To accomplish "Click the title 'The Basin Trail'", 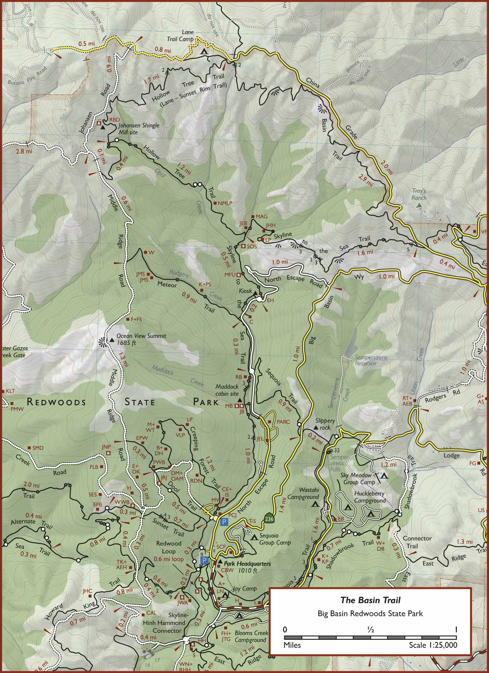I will pyautogui.click(x=370, y=600).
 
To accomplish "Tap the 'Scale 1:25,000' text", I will pyautogui.click(x=433, y=645).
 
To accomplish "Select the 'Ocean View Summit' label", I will pyautogui.click(x=141, y=339).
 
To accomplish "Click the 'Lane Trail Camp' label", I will pyautogui.click(x=183, y=36).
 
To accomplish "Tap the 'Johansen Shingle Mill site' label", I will pyautogui.click(x=138, y=128).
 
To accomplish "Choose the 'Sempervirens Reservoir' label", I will pyautogui.click(x=371, y=360).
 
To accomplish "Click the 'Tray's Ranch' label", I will pyautogui.click(x=419, y=194).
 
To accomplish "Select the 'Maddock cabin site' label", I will pyautogui.click(x=227, y=390).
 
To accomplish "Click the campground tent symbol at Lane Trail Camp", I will pyautogui.click(x=204, y=52).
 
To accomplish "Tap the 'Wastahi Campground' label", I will pyautogui.click(x=303, y=493).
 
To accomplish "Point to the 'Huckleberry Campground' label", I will pyautogui.click(x=370, y=497).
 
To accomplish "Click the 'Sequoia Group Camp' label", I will pyautogui.click(x=275, y=539).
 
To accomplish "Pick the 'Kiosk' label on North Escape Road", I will pyautogui.click(x=245, y=291).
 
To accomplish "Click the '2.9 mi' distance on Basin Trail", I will pyautogui.click(x=365, y=180).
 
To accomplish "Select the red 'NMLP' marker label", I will pyautogui.click(x=225, y=203).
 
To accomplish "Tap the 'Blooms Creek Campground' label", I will pyautogui.click(x=251, y=636).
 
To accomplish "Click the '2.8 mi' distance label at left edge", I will pyautogui.click(x=24, y=151).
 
